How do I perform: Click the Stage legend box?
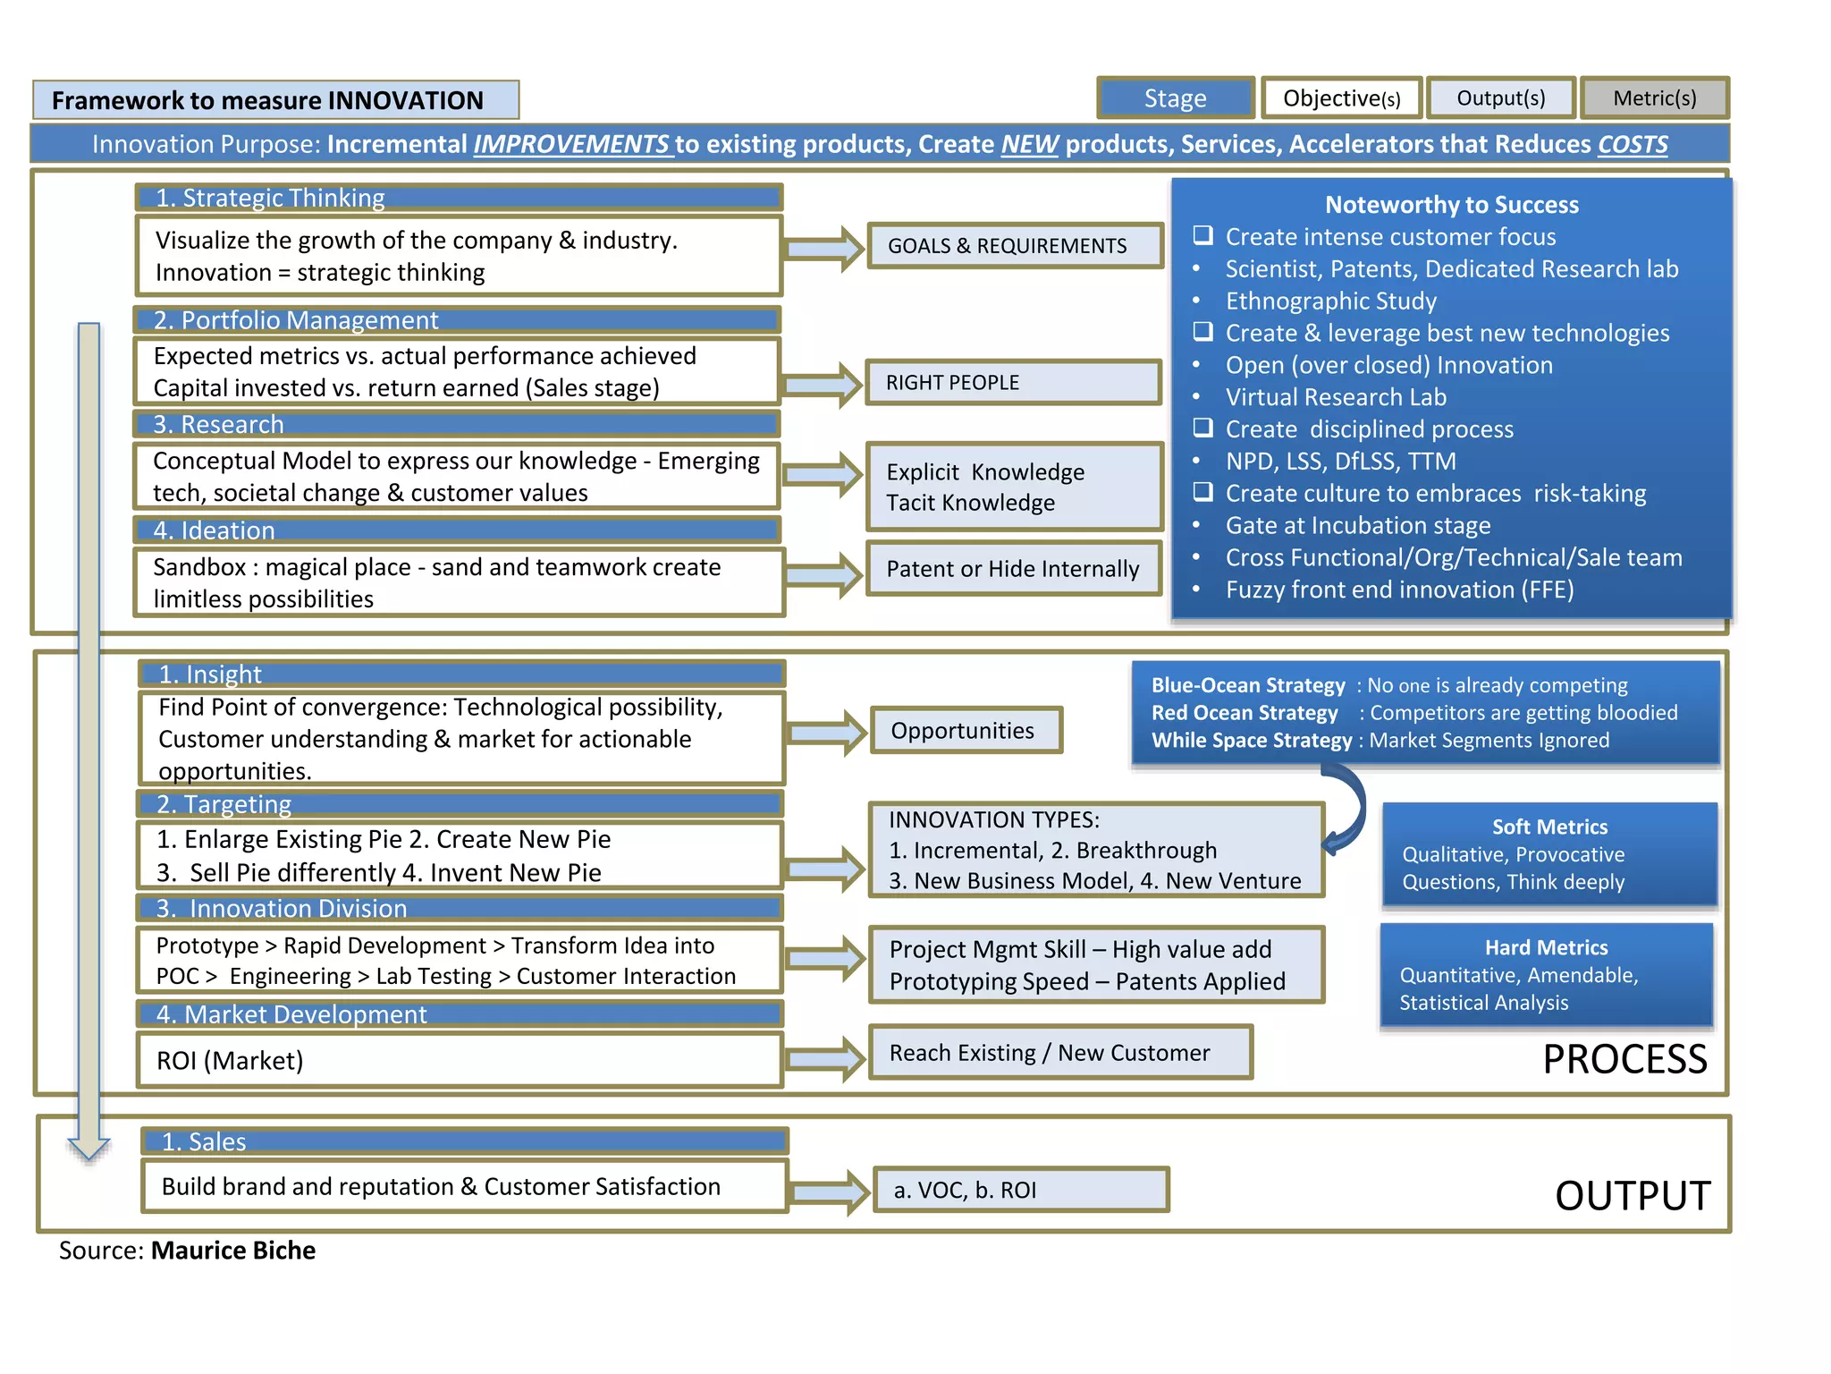pos(1175,98)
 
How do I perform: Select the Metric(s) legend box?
pos(1654,98)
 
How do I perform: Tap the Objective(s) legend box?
pos(1341,98)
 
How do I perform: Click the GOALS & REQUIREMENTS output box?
pos(1015,246)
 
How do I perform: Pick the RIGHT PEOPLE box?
pos(1013,383)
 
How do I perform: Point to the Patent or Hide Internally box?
pos(1013,569)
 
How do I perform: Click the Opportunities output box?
pos(966,731)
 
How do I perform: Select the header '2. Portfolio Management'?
pos(458,320)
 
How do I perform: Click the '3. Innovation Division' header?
pos(460,909)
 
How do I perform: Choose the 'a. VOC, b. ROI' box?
pos(1021,1191)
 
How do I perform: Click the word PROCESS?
pos(1624,1060)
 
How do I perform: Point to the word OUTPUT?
pos(1633,1196)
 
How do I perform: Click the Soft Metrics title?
pos(1549,827)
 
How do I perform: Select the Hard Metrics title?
pos(1546,948)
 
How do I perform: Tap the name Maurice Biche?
pos(233,1251)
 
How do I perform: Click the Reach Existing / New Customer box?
pos(1059,1053)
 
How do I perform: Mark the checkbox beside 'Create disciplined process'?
pos(1203,428)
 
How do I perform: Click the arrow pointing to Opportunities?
pos(827,733)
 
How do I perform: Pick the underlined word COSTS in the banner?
pos(1632,145)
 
